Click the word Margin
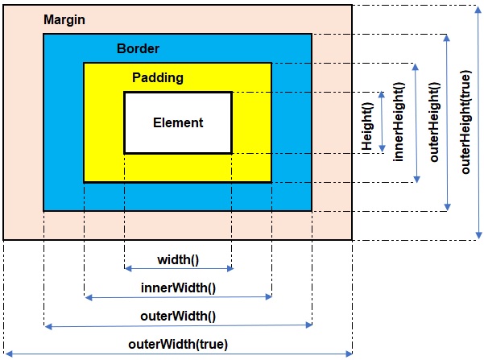tap(65, 18)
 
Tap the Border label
tap(138, 48)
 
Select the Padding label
tap(158, 78)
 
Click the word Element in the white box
tap(178, 123)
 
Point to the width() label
tap(177, 259)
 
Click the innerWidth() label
tap(178, 288)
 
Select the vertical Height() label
tap(367, 125)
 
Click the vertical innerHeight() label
tap(398, 123)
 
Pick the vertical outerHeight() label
tap(434, 122)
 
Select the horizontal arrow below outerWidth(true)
tap(178, 353)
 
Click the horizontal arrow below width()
tap(178, 269)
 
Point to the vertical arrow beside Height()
tap(383, 123)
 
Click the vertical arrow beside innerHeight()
tap(416, 123)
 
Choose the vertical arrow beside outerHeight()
tap(448, 123)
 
